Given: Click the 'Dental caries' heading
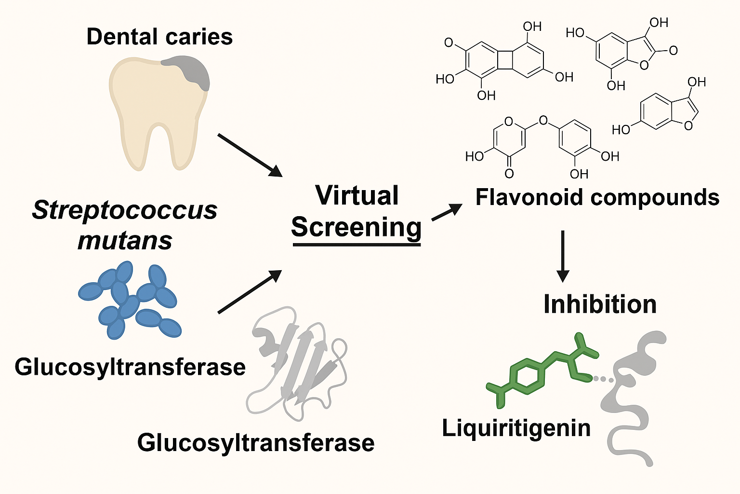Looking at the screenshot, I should (x=159, y=37).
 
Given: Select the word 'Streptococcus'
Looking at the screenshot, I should (x=125, y=210).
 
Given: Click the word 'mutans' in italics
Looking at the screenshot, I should (x=125, y=240).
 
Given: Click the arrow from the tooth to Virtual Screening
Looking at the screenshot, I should (x=250, y=155).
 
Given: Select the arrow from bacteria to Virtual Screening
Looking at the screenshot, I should (x=250, y=292).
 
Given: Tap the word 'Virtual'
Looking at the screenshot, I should (x=357, y=195).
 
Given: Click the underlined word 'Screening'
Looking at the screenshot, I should (x=357, y=227).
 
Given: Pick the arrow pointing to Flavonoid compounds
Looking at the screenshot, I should (x=447, y=212).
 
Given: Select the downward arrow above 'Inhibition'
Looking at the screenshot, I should (x=562, y=256).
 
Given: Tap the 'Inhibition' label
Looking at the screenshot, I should (x=600, y=304).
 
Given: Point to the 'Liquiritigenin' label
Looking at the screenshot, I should (x=516, y=428).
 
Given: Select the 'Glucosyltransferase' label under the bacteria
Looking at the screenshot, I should (x=130, y=367).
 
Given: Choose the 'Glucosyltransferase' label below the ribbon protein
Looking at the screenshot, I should (x=256, y=442).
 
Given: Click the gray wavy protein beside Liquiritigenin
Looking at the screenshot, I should (x=631, y=396).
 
